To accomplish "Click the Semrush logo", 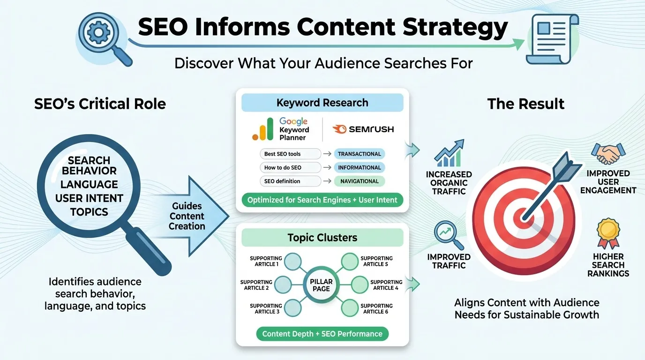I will tap(362, 129).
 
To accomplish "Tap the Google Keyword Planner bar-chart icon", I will tap(262, 129).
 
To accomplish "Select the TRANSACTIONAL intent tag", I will tap(360, 154).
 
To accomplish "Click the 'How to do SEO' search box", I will tap(290, 167).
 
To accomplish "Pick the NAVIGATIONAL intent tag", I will tap(360, 181).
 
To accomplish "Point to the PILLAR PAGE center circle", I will tap(321, 285).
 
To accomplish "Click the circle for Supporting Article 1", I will tap(293, 262).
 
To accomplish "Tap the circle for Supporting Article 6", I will tap(350, 308).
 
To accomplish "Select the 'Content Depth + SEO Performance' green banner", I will tap(322, 334).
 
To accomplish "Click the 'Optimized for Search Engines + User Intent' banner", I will tap(322, 200).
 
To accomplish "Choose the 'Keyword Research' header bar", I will tap(322, 103).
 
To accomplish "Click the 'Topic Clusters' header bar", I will tap(322, 238).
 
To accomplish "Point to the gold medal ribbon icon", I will tap(608, 232).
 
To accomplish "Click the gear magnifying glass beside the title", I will tap(102, 37).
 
